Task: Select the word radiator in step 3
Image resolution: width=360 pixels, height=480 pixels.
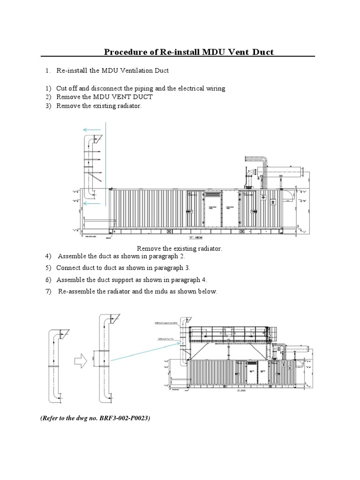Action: pyautogui.click(x=127, y=106)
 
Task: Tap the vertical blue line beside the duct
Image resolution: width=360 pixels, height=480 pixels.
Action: pyautogui.click(x=105, y=164)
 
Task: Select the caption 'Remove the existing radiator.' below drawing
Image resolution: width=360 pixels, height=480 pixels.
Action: pyautogui.click(x=179, y=248)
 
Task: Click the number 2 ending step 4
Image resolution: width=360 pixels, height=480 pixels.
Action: pyautogui.click(x=183, y=256)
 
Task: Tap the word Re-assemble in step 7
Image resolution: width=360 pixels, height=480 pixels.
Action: pyautogui.click(x=77, y=292)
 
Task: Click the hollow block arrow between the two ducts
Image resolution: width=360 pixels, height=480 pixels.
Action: pyautogui.click(x=80, y=361)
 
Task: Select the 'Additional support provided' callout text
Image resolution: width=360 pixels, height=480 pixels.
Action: pyautogui.click(x=166, y=323)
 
